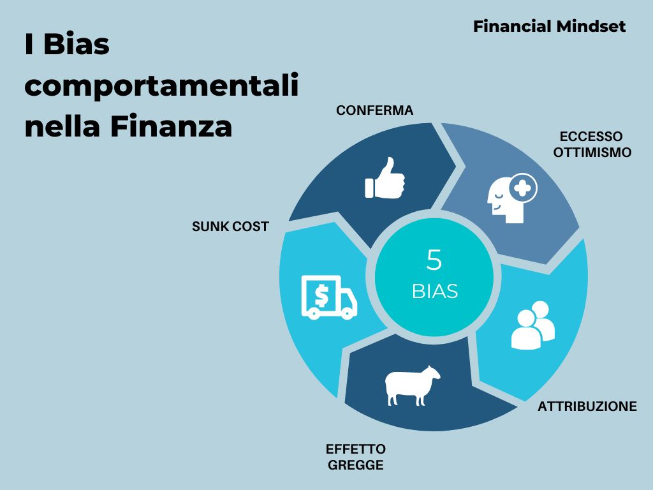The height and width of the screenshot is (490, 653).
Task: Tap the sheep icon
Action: [x=413, y=385]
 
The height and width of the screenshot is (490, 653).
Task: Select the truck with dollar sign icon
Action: [x=329, y=297]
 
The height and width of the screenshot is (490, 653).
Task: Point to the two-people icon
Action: [x=533, y=325]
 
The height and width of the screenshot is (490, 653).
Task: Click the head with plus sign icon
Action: [x=512, y=198]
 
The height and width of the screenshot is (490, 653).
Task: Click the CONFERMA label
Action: [x=374, y=110]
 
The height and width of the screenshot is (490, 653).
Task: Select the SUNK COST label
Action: [x=230, y=226]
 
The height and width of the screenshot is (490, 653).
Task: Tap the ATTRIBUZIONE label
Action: [x=587, y=406]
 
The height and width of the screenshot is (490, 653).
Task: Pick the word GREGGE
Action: [x=356, y=465]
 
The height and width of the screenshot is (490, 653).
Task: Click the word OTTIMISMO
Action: [x=592, y=152]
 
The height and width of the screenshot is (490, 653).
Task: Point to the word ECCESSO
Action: [x=591, y=137]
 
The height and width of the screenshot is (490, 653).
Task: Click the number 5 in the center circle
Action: [x=434, y=260]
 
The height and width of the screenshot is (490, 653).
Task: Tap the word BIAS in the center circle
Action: [x=435, y=291]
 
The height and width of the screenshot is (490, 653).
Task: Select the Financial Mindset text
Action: [x=549, y=27]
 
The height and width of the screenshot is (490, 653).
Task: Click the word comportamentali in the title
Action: [x=161, y=86]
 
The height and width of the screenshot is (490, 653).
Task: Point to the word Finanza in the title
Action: [x=171, y=126]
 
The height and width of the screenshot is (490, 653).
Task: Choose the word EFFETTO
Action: [x=356, y=449]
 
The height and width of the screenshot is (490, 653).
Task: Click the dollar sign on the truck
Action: [x=321, y=295]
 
